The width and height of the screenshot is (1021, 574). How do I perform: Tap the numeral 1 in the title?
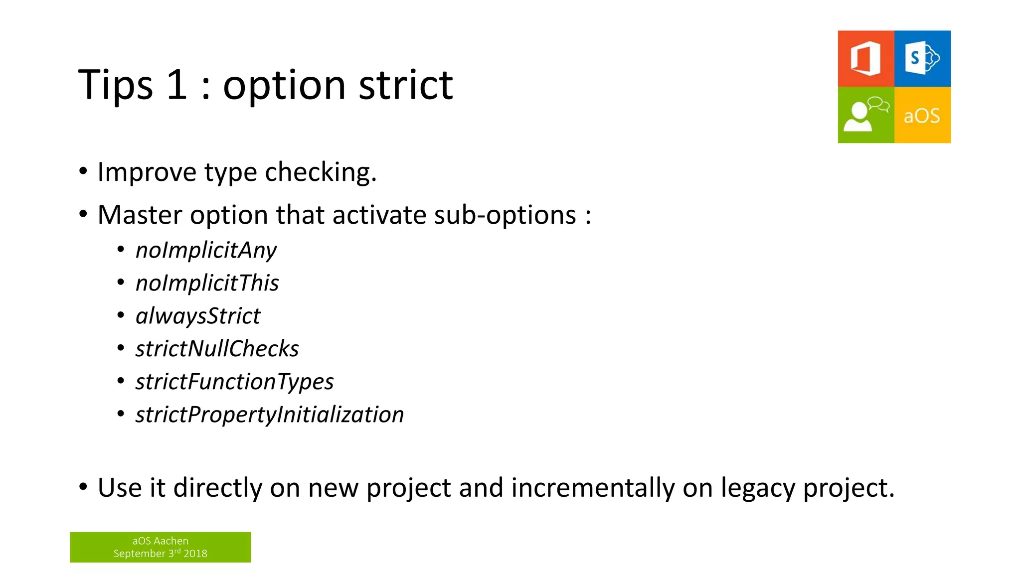tap(176, 85)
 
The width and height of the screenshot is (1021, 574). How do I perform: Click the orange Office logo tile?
tap(865, 59)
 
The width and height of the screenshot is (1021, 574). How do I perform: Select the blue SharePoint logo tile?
tap(922, 59)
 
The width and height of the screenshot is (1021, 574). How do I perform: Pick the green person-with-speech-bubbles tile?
tap(865, 115)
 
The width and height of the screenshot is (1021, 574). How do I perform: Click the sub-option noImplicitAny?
tap(206, 250)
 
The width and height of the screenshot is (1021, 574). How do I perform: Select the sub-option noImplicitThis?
tap(207, 283)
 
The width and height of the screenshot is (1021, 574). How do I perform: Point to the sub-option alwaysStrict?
tap(198, 316)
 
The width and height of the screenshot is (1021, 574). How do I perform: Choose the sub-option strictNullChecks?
tap(217, 349)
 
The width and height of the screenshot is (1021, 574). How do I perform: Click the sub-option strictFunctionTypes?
tap(234, 382)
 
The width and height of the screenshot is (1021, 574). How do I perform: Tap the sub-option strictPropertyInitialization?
tap(269, 415)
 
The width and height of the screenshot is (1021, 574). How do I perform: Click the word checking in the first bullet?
tap(321, 172)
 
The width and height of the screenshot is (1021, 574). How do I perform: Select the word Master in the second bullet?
tap(140, 215)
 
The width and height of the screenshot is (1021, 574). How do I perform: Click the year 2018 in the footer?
tap(195, 554)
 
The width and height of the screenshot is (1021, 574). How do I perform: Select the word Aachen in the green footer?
tap(171, 541)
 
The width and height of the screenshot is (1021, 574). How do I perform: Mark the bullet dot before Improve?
tap(83, 171)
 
